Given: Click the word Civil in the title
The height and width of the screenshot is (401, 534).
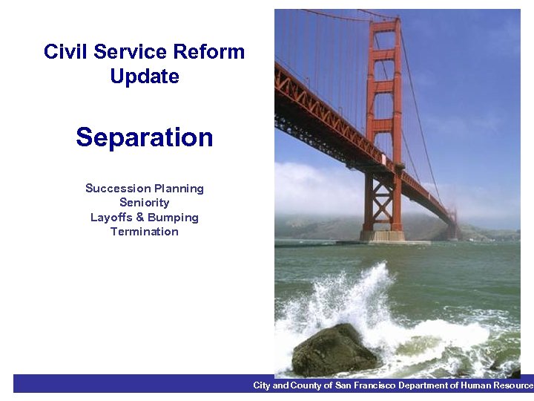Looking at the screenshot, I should point(62,52).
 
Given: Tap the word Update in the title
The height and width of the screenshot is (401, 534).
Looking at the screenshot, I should point(145,76).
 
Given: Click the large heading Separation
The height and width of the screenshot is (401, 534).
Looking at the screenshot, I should point(145,137).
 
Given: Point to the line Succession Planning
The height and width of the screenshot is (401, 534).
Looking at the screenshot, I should point(145,188).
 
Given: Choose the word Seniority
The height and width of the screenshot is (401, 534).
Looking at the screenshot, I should point(145,202).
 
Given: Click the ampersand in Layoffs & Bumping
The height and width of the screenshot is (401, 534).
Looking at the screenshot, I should point(140,218).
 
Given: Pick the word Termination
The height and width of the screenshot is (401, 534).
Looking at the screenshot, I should point(145,232).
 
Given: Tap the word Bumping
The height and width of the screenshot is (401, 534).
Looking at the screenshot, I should point(173,218).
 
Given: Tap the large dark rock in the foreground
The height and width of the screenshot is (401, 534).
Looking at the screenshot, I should point(334,351).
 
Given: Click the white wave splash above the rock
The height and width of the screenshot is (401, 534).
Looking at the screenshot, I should point(356,297).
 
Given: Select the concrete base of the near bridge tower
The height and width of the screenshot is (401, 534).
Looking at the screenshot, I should point(383,235).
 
